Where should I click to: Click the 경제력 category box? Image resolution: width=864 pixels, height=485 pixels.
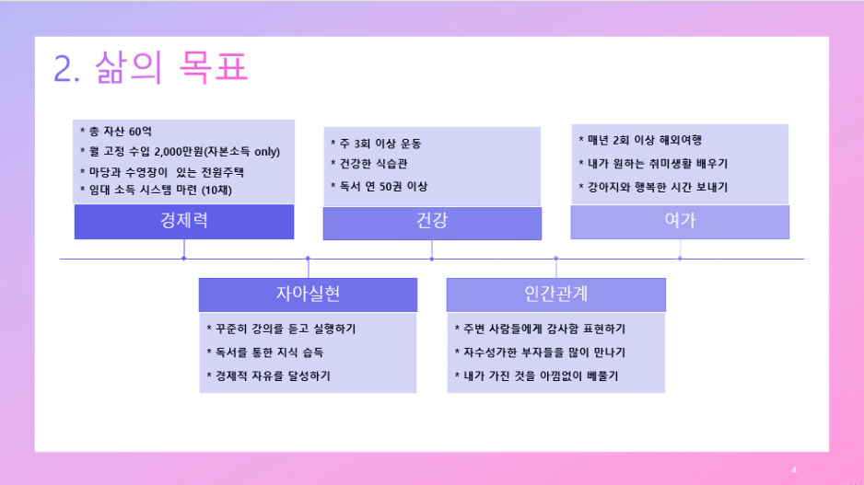tap(184, 222)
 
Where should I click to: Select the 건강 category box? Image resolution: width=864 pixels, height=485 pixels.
tap(432, 223)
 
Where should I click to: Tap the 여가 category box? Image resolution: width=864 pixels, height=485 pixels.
tap(680, 222)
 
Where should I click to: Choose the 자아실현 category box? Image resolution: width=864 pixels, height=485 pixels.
tap(308, 294)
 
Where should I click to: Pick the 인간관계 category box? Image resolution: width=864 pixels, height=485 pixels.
tap(556, 294)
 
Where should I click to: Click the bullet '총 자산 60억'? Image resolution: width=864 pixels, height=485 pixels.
tap(116, 131)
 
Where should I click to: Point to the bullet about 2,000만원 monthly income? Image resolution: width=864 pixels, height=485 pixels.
tap(181, 152)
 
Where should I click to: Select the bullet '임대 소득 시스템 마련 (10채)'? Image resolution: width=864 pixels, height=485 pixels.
tap(156, 190)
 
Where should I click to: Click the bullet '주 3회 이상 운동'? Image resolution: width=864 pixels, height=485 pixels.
tap(376, 144)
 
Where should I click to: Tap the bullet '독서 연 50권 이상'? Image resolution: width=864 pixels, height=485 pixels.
tap(379, 187)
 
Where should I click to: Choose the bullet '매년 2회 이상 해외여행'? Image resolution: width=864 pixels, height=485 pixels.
tap(640, 141)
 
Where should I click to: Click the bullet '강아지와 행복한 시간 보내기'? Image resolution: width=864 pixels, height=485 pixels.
tap(653, 187)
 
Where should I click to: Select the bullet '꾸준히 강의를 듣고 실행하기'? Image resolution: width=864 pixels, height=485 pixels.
tap(281, 329)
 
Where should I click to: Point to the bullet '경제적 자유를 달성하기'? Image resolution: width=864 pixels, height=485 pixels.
tap(268, 376)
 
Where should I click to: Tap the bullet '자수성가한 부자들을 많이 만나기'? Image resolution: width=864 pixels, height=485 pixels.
tap(540, 352)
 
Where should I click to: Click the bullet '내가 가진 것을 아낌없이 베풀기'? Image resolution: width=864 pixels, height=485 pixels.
tap(536, 376)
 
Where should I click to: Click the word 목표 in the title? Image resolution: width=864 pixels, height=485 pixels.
tap(214, 67)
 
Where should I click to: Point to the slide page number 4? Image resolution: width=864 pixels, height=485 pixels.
tap(794, 469)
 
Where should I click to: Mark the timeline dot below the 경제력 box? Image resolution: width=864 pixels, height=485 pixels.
tap(183, 259)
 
